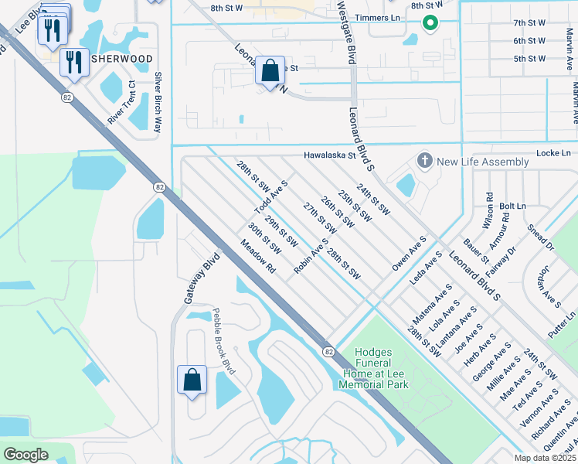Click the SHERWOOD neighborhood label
point(122,58)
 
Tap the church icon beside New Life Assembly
point(424,162)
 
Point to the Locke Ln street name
point(552,154)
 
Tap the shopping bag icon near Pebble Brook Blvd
point(192,380)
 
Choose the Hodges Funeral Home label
point(373,368)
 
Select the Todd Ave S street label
point(271,198)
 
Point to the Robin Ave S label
point(312,255)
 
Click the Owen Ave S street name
point(410,254)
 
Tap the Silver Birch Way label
point(158,102)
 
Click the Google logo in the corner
point(25,455)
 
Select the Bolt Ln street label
point(512,206)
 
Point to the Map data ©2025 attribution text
point(545,458)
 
